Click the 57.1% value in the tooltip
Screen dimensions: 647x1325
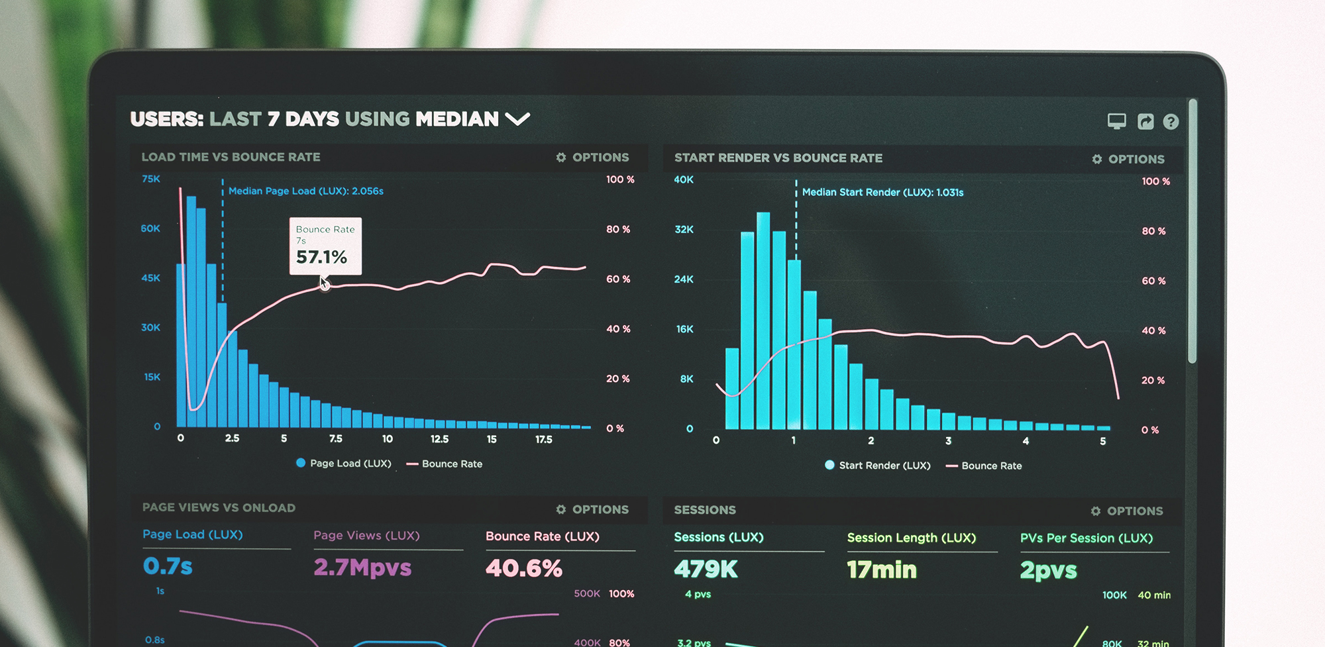click(321, 257)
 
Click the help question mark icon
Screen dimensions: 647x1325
click(1171, 122)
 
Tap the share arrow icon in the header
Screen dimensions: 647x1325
click(1145, 122)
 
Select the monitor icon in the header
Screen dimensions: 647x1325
click(1117, 121)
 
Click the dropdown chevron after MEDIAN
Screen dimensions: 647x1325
click(517, 119)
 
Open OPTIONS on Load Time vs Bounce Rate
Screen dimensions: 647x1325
click(593, 158)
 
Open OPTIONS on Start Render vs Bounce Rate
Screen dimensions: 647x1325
click(1128, 159)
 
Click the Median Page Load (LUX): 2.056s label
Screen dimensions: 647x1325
click(305, 191)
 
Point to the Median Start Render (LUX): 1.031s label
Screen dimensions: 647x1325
click(882, 193)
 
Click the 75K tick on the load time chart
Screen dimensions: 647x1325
click(151, 179)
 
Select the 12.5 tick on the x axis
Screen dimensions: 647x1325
click(439, 439)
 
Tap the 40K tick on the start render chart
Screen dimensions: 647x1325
click(684, 179)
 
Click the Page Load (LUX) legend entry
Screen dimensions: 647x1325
click(344, 464)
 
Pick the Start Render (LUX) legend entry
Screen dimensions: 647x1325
click(878, 466)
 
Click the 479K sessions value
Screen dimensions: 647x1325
click(706, 569)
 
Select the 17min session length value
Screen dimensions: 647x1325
click(882, 570)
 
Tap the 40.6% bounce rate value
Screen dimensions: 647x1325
click(523, 568)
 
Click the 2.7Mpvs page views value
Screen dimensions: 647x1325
click(362, 568)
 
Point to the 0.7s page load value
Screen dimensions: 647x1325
click(168, 566)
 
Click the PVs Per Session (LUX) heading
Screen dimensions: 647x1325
click(1086, 538)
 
